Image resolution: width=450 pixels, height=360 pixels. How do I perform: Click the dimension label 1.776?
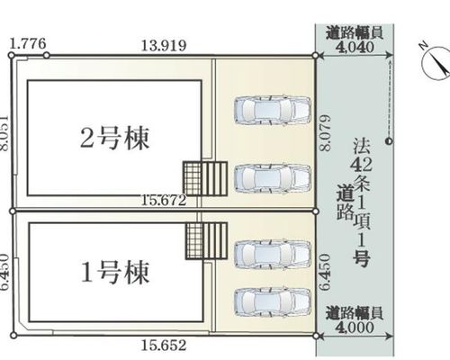pos(28,44)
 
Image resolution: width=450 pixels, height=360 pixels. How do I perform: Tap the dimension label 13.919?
pos(164,46)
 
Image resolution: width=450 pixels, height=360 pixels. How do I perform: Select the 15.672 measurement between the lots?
pos(164,201)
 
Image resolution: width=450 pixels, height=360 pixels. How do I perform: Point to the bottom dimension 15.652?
pos(164,346)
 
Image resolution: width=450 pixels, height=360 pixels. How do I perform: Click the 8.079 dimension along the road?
pos(325,132)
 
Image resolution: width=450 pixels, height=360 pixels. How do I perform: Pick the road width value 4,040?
pos(355,47)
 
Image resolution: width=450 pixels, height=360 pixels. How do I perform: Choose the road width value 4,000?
pos(355,327)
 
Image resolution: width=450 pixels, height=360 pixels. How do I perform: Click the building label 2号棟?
pos(115,139)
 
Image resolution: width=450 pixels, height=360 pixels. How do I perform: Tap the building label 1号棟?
pos(115,273)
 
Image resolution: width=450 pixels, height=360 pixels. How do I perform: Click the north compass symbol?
pos(437,62)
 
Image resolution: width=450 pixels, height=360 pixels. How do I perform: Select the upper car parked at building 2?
pos(272,110)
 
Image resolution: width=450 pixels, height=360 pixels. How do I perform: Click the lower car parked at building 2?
pos(272,179)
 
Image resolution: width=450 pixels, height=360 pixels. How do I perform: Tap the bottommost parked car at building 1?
pos(272,302)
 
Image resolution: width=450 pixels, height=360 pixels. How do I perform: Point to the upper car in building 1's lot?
pos(272,255)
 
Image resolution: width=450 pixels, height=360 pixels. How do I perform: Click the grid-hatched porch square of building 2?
pos(193,179)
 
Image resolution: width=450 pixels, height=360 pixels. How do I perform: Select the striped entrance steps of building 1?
pos(215,240)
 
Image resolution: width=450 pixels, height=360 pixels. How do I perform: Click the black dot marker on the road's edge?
pos(389,140)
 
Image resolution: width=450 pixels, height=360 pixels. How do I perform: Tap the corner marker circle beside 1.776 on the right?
pos(47,56)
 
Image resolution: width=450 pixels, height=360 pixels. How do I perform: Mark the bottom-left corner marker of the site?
pos(13,335)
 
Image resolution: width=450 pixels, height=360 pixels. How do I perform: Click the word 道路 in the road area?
pos(345,202)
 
